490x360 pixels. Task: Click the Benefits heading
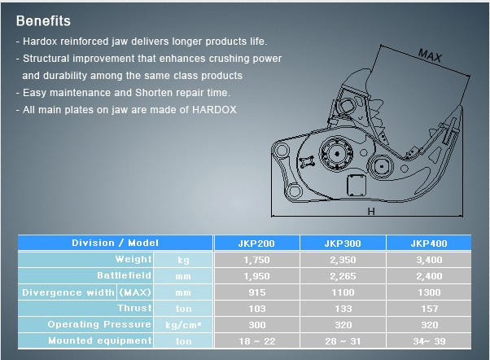coord(43,21)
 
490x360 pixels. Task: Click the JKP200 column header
coord(256,244)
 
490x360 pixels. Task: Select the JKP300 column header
coord(343,244)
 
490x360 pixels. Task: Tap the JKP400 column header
coord(429,244)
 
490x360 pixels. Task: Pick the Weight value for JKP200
coord(256,260)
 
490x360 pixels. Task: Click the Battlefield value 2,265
coord(343,276)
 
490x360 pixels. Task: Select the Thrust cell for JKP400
coord(430,309)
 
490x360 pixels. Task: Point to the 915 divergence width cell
coord(257,292)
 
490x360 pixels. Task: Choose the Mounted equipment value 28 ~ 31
coord(343,341)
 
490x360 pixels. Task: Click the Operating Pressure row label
coord(99,324)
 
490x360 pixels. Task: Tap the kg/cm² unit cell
coord(183,325)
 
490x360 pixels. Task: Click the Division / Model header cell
coord(115,243)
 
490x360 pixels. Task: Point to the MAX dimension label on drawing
coord(430,55)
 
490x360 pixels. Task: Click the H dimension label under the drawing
coord(371,212)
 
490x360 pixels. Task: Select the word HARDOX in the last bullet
coord(214,110)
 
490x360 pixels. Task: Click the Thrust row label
coord(134,308)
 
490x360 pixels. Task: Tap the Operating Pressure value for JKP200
coord(257,325)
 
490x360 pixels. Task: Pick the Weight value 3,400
coord(429,260)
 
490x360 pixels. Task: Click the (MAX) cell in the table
coord(135,292)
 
